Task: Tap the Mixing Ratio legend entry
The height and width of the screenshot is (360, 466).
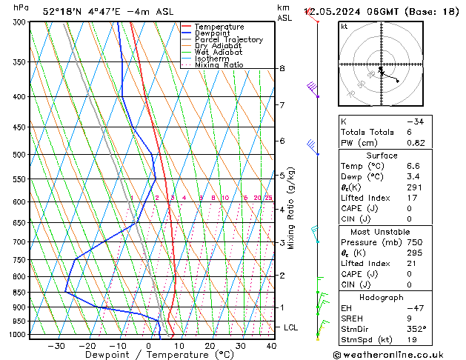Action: (x=218, y=65)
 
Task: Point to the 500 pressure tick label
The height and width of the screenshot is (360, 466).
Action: (x=20, y=155)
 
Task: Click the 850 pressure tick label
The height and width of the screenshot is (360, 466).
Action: (x=20, y=293)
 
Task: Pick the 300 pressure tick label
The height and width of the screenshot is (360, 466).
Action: (x=20, y=22)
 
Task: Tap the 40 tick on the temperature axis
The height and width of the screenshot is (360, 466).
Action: (x=271, y=345)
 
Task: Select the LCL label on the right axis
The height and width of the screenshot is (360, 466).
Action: (x=291, y=327)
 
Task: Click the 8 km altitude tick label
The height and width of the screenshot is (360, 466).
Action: (x=282, y=69)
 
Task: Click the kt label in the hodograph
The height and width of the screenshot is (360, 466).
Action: (x=344, y=27)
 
